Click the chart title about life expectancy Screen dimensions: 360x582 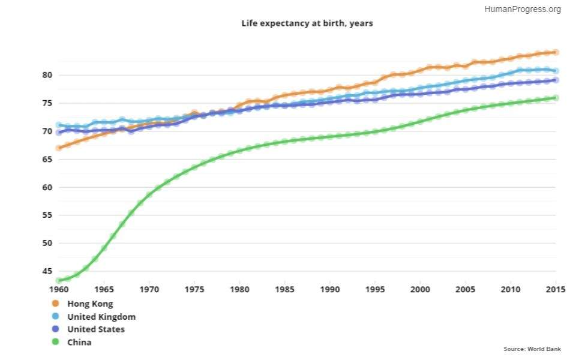click(x=307, y=23)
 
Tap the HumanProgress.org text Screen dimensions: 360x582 click(x=522, y=9)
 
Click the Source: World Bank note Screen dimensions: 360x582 click(x=532, y=349)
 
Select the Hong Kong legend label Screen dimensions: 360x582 click(x=90, y=304)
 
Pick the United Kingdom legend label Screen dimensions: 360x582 click(x=101, y=316)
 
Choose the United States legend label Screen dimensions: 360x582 click(x=96, y=329)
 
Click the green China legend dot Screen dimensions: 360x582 click(x=56, y=342)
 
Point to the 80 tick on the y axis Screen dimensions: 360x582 click(x=47, y=75)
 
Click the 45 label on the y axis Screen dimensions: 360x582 click(x=47, y=271)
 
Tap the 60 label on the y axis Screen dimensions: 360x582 click(x=47, y=187)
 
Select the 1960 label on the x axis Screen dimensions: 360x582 click(x=59, y=289)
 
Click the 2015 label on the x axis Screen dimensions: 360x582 click(x=556, y=289)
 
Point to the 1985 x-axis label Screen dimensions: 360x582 click(x=285, y=289)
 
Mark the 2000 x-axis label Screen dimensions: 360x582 click(x=421, y=289)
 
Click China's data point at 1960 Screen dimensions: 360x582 click(x=59, y=280)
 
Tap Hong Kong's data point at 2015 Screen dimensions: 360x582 click(x=556, y=52)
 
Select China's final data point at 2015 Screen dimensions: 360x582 click(x=556, y=98)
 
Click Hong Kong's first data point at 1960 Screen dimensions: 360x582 click(x=59, y=148)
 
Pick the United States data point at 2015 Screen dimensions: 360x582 click(x=556, y=80)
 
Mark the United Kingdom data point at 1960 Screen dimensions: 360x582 click(x=59, y=125)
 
